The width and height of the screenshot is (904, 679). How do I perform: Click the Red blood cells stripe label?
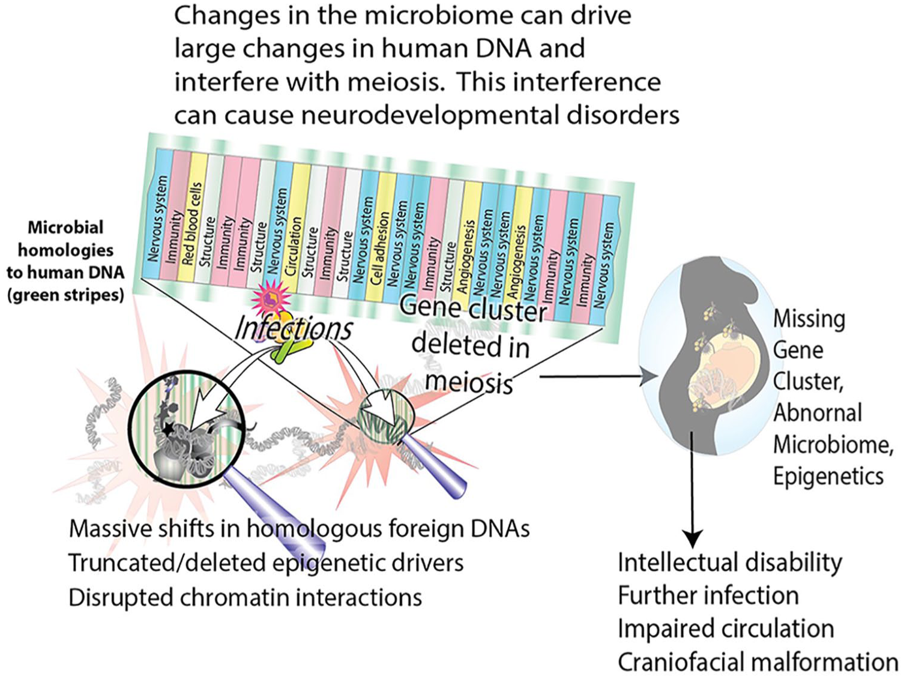click(x=192, y=223)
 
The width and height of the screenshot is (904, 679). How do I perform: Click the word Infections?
click(x=294, y=329)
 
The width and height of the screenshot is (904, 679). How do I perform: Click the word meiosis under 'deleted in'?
click(x=469, y=382)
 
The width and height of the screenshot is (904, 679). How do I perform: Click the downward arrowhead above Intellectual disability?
click(x=693, y=537)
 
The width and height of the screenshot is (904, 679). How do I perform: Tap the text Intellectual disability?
click(x=730, y=563)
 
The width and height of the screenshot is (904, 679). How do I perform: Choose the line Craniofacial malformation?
click(x=758, y=662)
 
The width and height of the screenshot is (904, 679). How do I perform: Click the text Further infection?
click(x=708, y=596)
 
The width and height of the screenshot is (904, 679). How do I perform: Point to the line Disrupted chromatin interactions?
click(x=245, y=597)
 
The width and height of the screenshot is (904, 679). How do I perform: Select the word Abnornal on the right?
click(x=818, y=413)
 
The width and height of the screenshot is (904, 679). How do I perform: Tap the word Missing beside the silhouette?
click(x=809, y=319)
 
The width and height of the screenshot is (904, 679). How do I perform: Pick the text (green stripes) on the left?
click(x=65, y=295)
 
